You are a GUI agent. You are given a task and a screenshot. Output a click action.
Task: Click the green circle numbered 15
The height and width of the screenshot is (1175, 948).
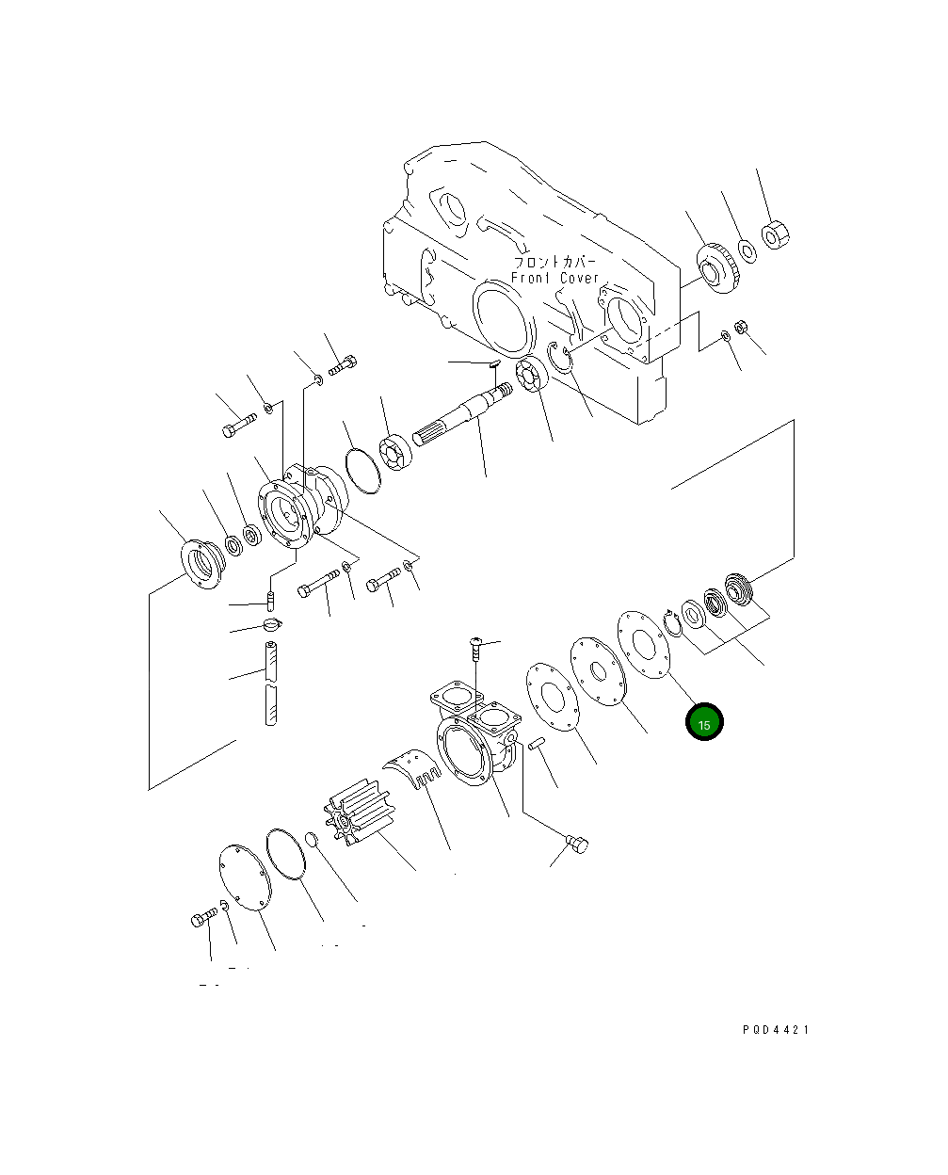[x=704, y=722]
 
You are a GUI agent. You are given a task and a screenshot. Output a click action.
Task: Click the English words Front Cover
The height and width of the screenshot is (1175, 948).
[x=554, y=279]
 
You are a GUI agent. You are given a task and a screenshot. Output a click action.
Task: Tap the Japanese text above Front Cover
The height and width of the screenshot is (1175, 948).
[x=554, y=262]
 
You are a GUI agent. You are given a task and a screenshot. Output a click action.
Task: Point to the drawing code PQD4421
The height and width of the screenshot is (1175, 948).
[x=775, y=1029]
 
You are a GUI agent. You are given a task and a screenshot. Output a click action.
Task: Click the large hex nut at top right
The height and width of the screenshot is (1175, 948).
[x=774, y=234]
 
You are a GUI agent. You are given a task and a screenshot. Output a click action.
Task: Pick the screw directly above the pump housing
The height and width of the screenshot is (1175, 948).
[x=476, y=650]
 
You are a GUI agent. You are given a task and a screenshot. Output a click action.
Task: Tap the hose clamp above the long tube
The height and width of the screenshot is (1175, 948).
[x=271, y=624]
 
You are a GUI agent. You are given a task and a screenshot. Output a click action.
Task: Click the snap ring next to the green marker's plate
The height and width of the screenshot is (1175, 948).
[x=672, y=623]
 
